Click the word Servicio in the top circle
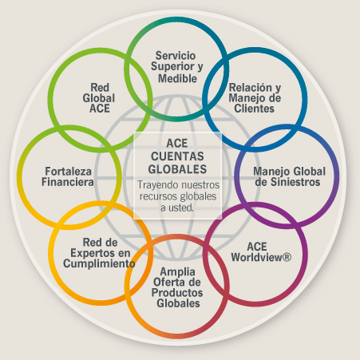point(176,56)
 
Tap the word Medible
point(177,78)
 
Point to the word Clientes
point(254,109)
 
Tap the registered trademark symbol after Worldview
point(287,257)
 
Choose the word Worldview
point(256,257)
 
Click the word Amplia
point(177,272)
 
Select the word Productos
point(177,293)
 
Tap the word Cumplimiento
point(99,263)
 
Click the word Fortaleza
point(68,172)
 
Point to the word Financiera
point(68,182)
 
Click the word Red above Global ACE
point(100,87)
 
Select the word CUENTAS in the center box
point(177,156)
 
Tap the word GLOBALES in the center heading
point(177,169)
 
